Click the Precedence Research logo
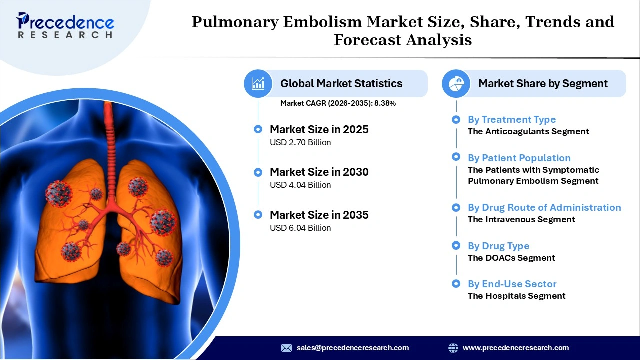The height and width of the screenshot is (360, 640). (65, 25)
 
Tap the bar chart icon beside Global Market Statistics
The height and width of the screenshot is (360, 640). (258, 83)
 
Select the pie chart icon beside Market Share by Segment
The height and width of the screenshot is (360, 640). (456, 83)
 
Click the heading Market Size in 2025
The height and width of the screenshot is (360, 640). (319, 129)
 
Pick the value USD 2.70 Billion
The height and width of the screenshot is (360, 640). (300, 143)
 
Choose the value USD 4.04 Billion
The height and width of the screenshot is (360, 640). (300, 185)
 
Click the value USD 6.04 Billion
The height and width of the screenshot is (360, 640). (300, 228)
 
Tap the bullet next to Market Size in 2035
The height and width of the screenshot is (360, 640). (258, 215)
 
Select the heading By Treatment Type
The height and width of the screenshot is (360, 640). (511, 119)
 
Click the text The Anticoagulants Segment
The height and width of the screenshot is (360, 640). (528, 131)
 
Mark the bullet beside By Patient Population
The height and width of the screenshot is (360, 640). (456, 157)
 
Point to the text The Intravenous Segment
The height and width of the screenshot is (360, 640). (521, 219)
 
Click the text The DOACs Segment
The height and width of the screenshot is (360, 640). (511, 258)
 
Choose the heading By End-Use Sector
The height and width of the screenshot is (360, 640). (512, 284)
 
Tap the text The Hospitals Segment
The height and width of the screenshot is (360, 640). (516, 296)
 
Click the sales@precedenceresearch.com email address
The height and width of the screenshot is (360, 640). (352, 348)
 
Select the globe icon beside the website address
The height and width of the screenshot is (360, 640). (453, 348)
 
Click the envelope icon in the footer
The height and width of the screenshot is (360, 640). (286, 348)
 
